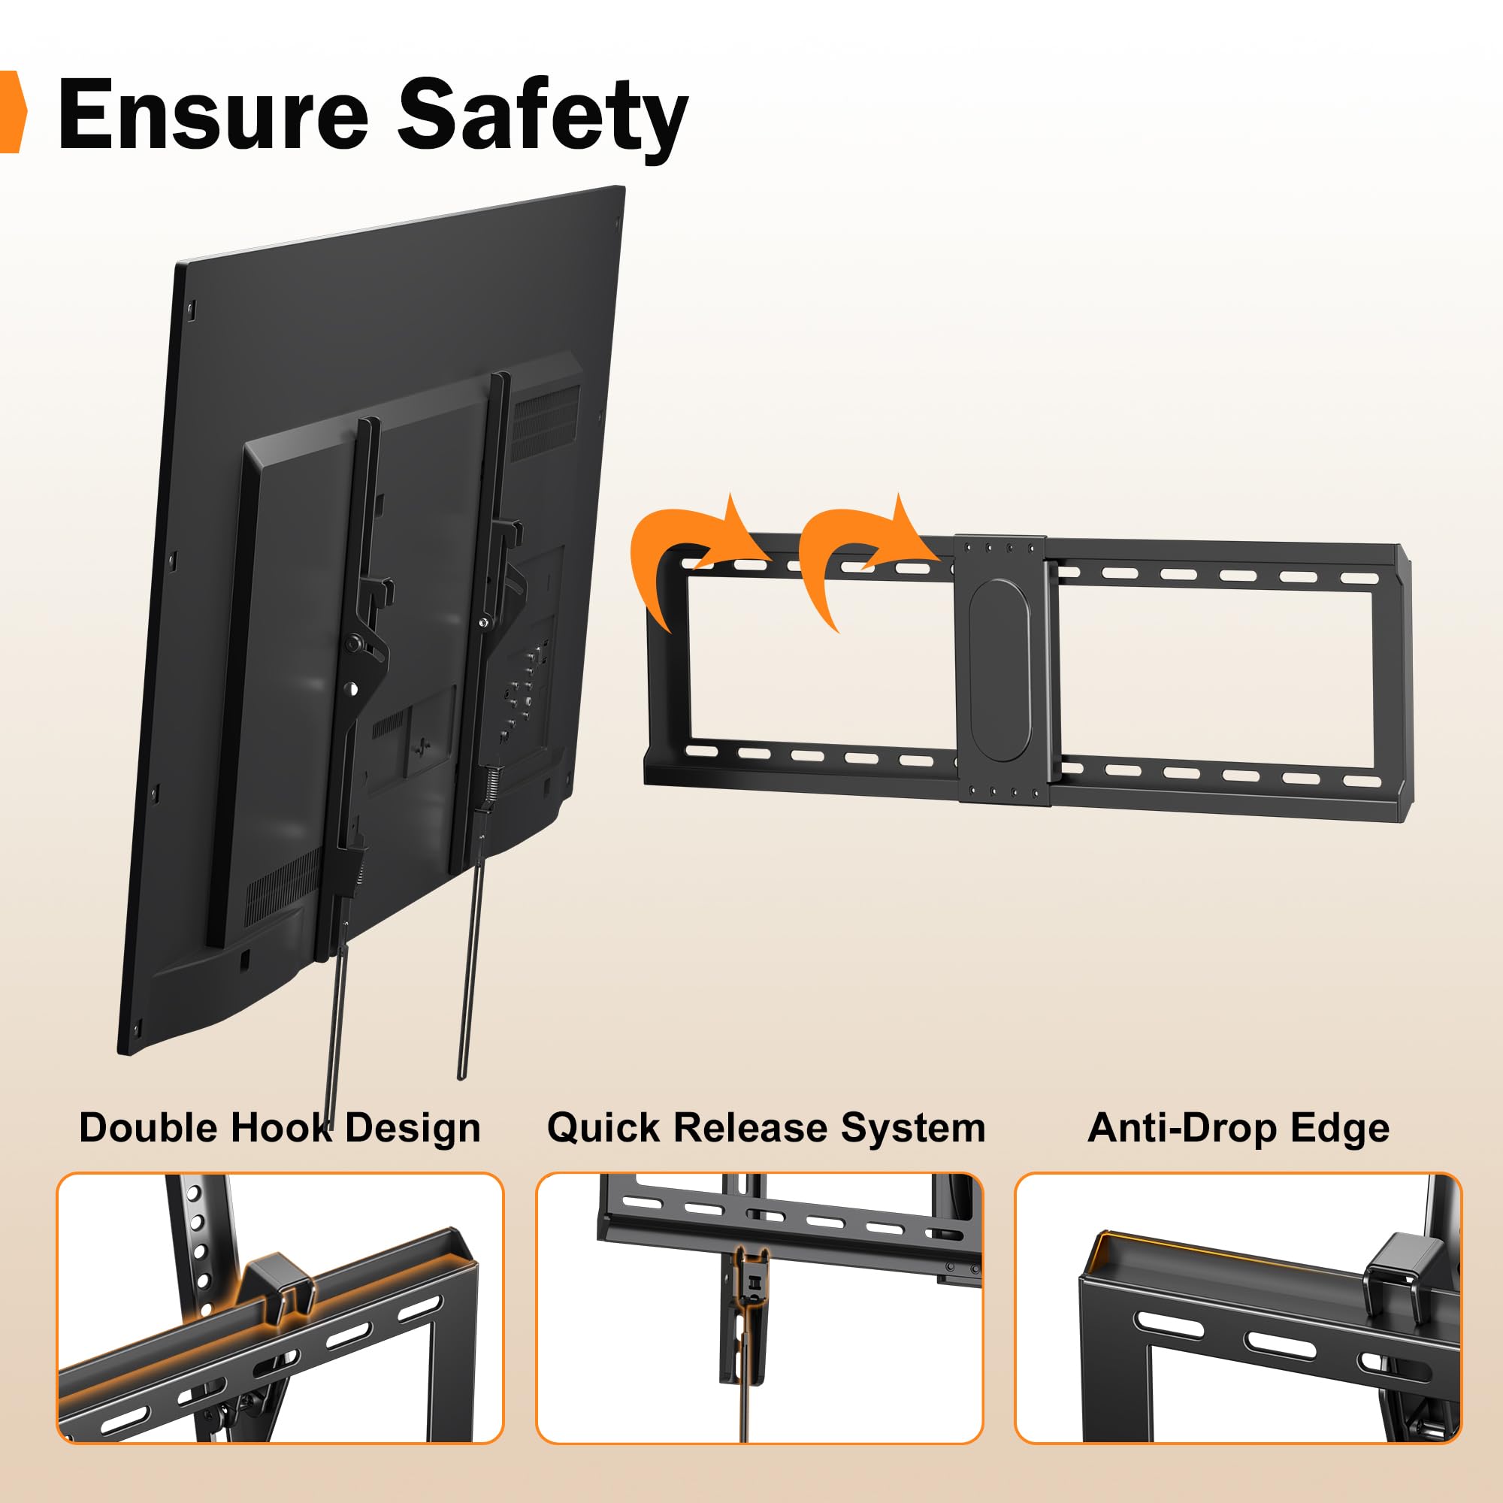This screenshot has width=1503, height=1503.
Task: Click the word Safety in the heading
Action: tap(543, 116)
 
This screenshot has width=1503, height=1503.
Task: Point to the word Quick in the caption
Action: tap(603, 1128)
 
